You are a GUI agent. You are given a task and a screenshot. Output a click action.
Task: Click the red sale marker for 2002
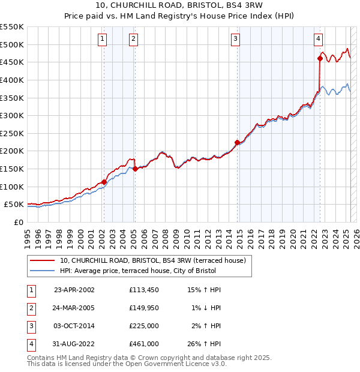coord(104,182)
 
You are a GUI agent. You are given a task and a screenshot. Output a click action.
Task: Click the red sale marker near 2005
coord(135,169)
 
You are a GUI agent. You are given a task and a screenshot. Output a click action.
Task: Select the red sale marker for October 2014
coord(237,142)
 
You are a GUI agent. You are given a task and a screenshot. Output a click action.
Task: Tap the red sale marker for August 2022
coord(320,58)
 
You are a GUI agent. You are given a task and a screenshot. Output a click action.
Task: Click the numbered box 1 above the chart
coord(103,39)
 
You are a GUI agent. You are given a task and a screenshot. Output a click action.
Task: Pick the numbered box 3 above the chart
coord(236,39)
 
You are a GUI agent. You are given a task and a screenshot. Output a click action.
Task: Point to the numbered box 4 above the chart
coord(318,39)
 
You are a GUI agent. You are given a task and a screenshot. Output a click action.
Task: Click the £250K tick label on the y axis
coord(12,133)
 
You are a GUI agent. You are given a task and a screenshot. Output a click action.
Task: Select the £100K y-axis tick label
coord(12,187)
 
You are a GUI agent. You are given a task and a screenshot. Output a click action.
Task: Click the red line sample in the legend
coord(43,260)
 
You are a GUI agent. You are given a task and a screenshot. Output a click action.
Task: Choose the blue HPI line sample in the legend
coord(43,271)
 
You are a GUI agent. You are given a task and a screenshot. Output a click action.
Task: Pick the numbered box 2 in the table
coord(30,308)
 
